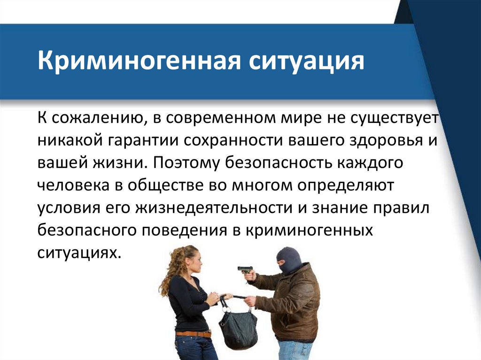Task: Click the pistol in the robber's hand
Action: pyautogui.click(x=245, y=270)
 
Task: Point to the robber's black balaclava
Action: pyautogui.click(x=287, y=260)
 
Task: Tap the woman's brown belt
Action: pyautogui.click(x=193, y=334)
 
